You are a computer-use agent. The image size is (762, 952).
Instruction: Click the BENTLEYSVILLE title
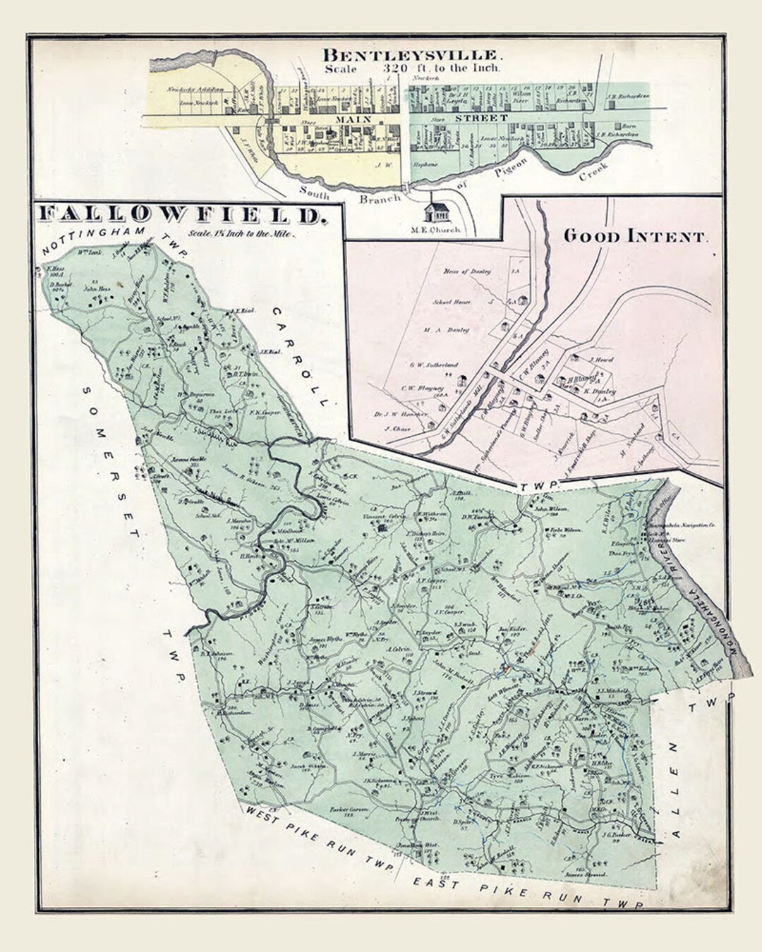413,54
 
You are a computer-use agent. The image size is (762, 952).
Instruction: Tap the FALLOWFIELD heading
182,214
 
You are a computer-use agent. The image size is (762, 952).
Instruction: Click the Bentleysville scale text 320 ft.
413,68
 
